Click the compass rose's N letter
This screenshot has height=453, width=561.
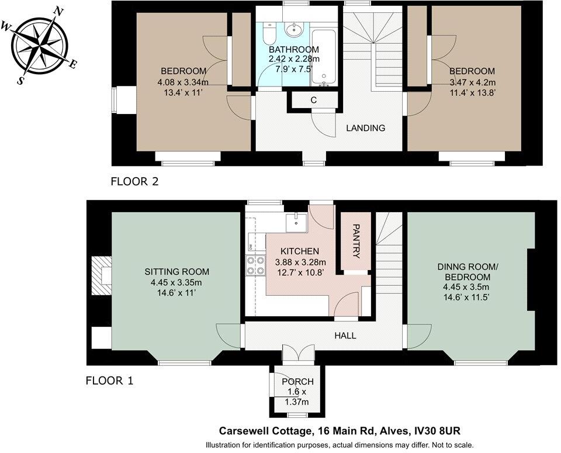pos(58,11)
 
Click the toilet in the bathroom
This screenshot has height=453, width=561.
pos(269,33)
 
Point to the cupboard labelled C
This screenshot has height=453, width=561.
pos(313,100)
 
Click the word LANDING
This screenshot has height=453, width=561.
pos(365,128)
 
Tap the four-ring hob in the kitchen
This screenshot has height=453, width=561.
pos(255,265)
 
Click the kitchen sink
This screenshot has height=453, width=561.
pos(297,222)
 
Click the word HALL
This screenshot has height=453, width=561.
pos(345,336)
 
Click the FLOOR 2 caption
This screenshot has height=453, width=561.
pos(134,182)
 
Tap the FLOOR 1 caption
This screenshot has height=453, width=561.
pos(109,381)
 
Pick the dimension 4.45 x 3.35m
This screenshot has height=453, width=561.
pos(176,282)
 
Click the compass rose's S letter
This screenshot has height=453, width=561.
pos(21,81)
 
